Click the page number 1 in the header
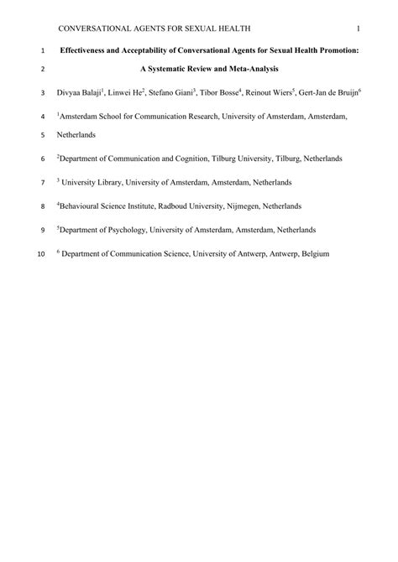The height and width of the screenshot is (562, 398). [358, 30]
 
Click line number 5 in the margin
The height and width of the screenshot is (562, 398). [43, 134]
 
